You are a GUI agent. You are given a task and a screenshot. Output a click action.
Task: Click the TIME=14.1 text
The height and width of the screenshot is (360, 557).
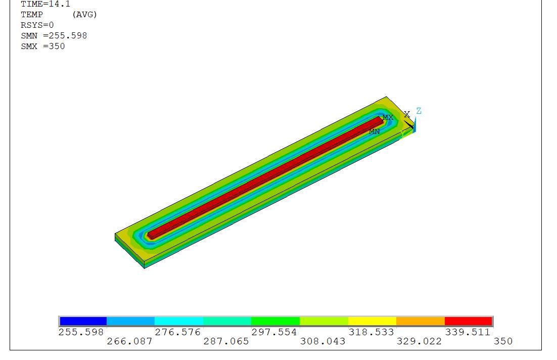pyautogui.click(x=45, y=4)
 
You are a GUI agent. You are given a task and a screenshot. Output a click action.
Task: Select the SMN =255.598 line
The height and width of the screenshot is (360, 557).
pyautogui.click(x=54, y=35)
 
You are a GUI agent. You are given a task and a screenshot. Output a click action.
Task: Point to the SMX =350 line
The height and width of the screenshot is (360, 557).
pyautogui.click(x=42, y=46)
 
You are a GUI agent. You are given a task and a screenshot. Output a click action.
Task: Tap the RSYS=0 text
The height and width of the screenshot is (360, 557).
pyautogui.click(x=37, y=25)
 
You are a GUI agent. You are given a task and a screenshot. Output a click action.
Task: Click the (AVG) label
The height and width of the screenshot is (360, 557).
pyautogui.click(x=84, y=15)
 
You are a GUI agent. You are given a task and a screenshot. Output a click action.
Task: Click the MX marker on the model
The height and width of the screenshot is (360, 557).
pyautogui.click(x=388, y=117)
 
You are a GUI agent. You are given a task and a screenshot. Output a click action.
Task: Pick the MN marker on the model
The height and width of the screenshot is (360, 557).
pyautogui.click(x=374, y=131)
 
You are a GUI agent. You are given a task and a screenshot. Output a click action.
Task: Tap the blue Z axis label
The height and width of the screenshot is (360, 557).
pyautogui.click(x=419, y=111)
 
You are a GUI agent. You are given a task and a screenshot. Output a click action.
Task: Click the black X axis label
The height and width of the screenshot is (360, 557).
pyautogui.click(x=407, y=114)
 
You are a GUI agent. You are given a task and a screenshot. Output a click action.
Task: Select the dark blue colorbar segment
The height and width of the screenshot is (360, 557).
pyautogui.click(x=83, y=321)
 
